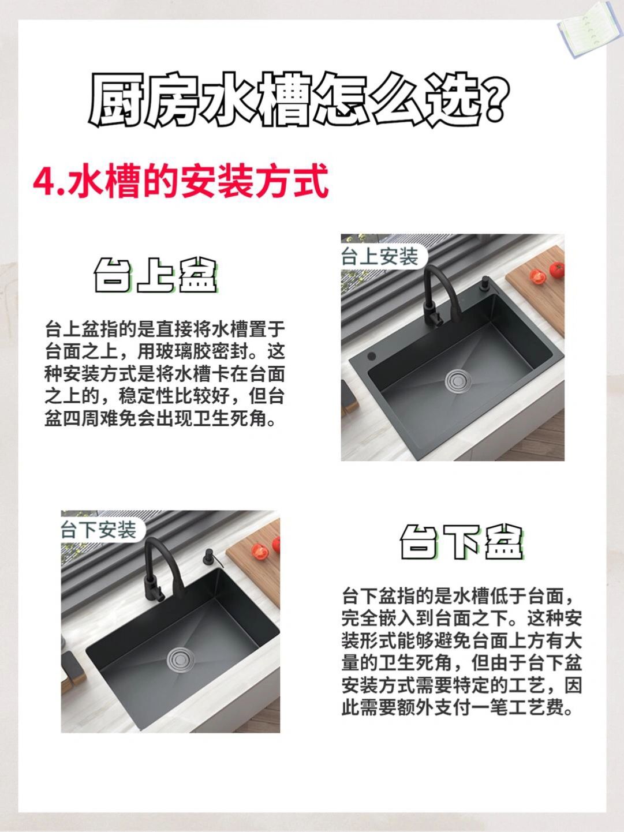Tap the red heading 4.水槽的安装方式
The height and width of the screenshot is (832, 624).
181,181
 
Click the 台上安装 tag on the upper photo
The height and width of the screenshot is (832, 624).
379,257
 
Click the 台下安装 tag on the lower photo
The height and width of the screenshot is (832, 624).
99,529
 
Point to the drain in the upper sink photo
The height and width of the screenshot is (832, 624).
458,379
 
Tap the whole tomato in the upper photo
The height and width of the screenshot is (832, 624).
556,270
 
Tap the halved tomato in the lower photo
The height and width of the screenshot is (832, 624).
260,552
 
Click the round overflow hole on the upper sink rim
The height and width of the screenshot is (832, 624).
372,357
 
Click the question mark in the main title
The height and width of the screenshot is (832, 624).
495,99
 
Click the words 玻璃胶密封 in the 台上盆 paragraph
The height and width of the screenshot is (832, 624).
201,352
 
